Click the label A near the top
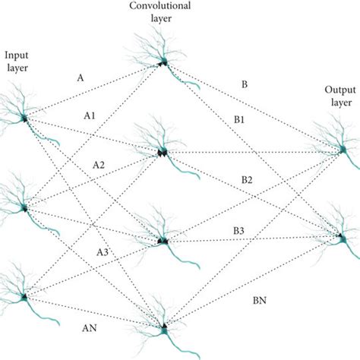pyautogui.click(x=81, y=77)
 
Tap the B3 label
pyautogui.click(x=238, y=230)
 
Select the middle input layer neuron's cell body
pyautogui.click(x=25, y=207)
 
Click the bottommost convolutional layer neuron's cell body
pyautogui.click(x=163, y=330)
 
